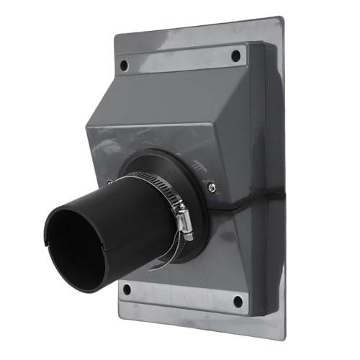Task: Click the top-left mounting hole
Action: tap(124, 64)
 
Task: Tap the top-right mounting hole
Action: tap(236, 56)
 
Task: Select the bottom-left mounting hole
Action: tap(127, 289)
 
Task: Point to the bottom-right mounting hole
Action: tap(237, 301)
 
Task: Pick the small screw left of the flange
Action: tap(109, 182)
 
